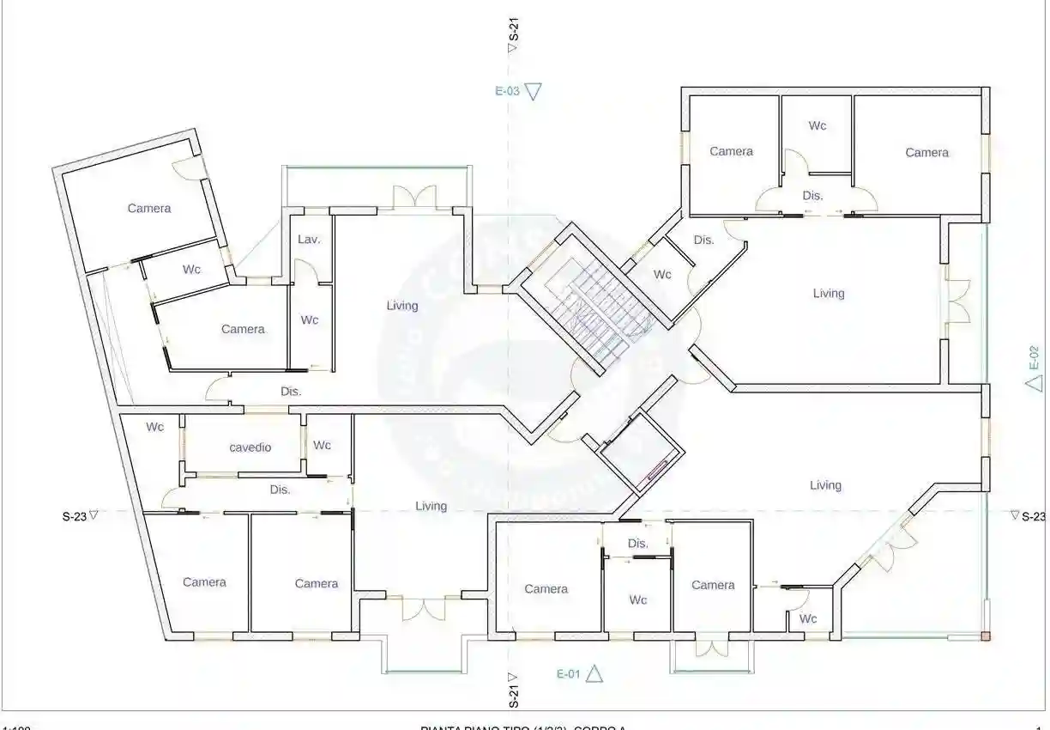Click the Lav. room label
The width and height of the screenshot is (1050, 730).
[309, 240]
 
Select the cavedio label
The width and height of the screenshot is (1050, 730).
[250, 447]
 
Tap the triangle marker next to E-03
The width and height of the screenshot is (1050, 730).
[534, 91]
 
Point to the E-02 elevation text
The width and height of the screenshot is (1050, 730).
[1034, 357]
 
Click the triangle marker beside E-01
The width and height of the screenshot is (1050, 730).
[594, 673]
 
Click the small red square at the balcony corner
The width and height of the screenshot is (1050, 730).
[986, 636]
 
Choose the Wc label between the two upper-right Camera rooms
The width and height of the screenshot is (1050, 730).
[818, 125]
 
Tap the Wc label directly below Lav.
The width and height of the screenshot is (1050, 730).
[309, 319]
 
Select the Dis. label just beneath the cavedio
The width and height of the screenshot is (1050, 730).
[280, 490]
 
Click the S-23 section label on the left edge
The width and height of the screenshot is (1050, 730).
[74, 517]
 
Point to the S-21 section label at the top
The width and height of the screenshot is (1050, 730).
[513, 29]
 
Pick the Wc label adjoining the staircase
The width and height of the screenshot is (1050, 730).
[662, 275]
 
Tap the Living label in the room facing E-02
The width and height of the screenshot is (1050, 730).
[829, 294]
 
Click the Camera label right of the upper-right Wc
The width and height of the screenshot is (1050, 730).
[926, 153]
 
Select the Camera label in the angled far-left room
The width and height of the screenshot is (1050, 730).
[149, 209]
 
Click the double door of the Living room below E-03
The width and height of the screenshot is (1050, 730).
[415, 197]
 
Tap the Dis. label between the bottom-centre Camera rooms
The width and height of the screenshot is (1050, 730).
[637, 544]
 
